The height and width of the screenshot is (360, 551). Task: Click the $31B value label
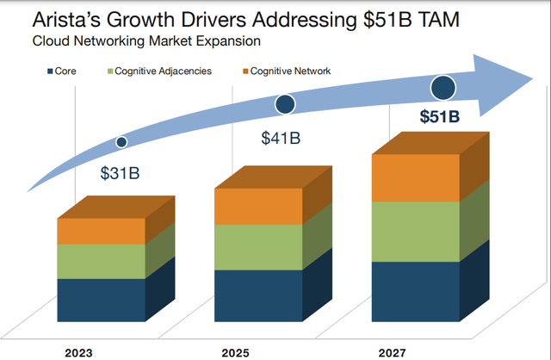tap(120, 172)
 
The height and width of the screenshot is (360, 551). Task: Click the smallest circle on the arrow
tap(121, 141)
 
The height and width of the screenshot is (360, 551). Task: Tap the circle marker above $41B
tap(285, 104)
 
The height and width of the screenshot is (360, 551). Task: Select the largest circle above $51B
tap(443, 87)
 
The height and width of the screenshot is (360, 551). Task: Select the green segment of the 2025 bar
tap(258, 247)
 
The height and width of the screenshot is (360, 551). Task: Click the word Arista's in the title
tap(69, 18)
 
